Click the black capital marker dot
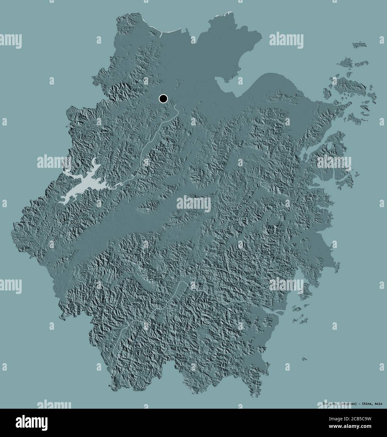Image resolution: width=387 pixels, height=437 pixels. [x=163, y=99]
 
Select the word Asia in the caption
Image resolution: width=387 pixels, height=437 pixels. [x=378, y=403]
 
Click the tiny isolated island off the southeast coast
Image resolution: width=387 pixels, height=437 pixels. [x=304, y=359]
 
